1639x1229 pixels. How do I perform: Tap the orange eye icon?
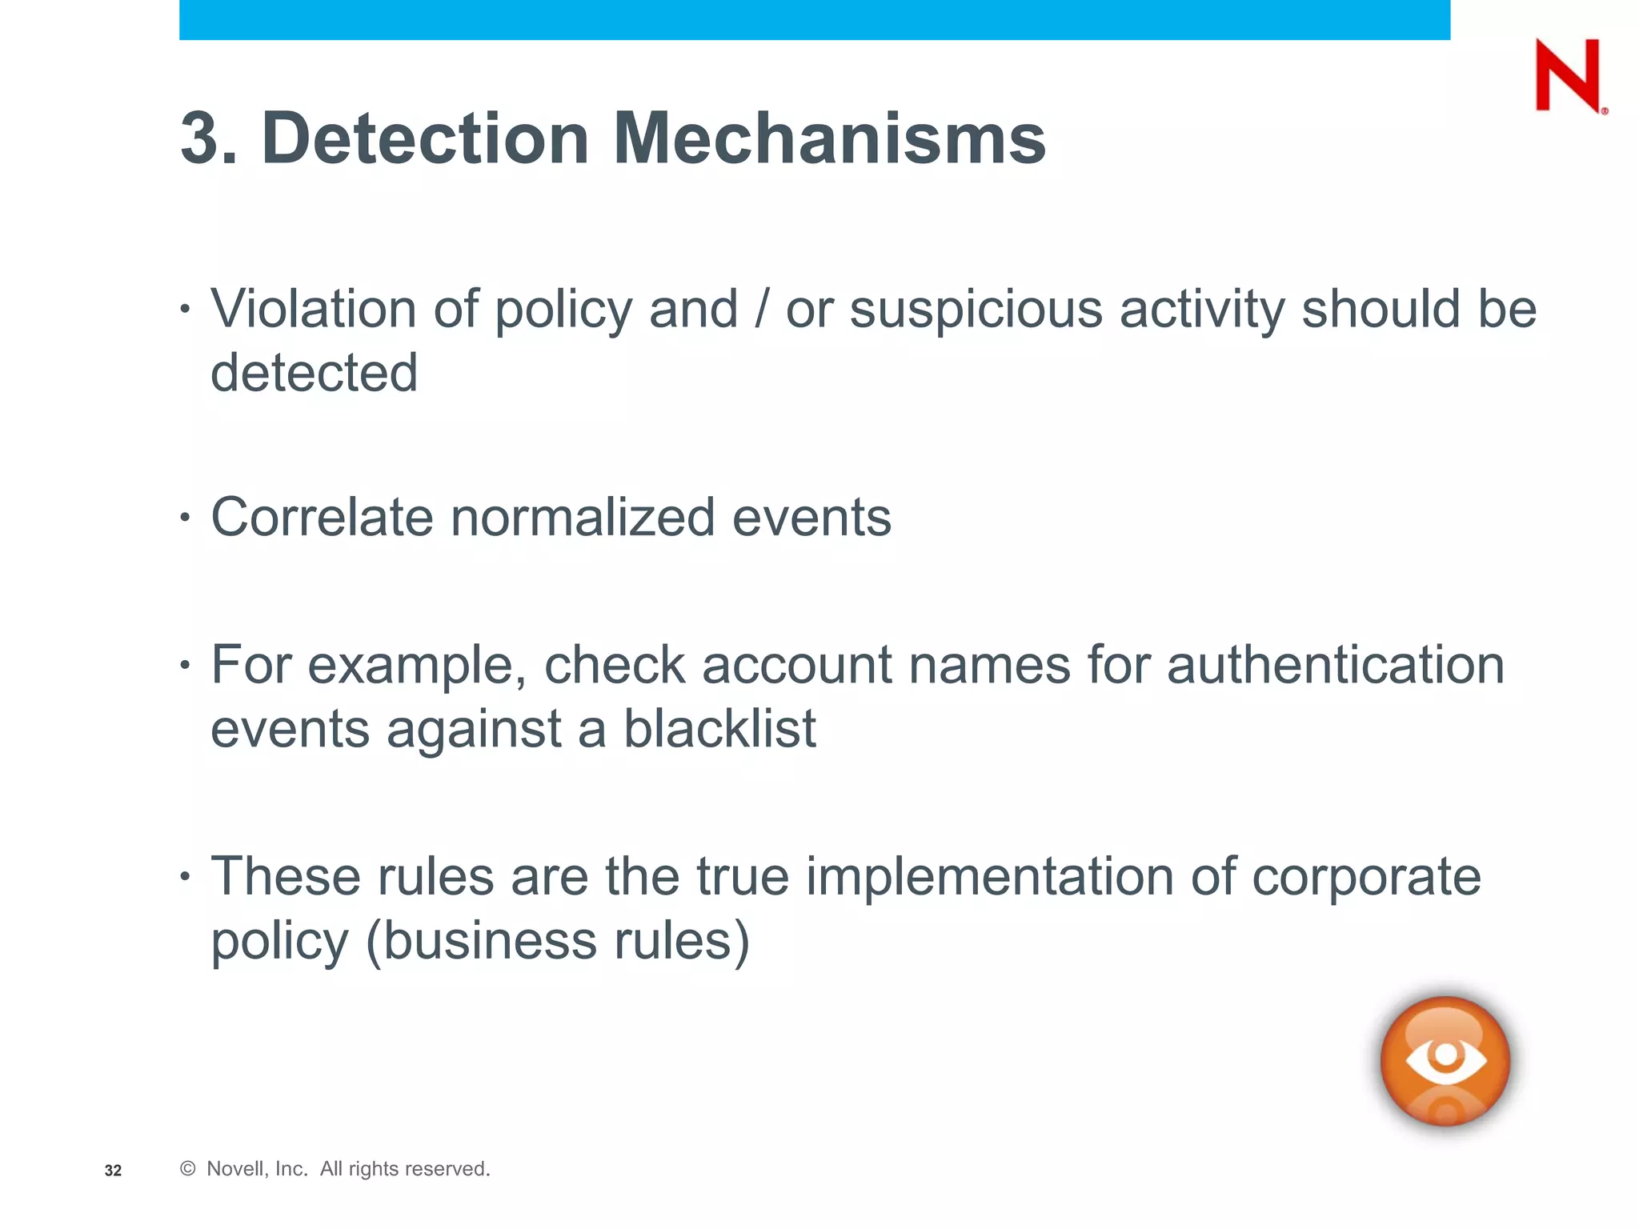tap(1445, 1060)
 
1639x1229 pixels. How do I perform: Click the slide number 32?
tap(113, 1171)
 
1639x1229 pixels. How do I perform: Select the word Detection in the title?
tap(425, 138)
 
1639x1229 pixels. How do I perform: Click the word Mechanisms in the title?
tap(829, 138)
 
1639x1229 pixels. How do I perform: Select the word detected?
tap(314, 373)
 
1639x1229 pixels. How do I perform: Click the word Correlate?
tap(321, 517)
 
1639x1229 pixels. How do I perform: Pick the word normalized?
tap(583, 517)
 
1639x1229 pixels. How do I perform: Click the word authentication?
tap(1335, 665)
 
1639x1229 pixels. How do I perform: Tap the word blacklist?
tap(719, 729)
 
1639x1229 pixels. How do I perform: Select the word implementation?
tap(989, 876)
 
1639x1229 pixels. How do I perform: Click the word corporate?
tap(1366, 878)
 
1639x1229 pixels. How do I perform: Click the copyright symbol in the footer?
tap(188, 1169)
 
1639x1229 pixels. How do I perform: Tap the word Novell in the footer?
tap(234, 1169)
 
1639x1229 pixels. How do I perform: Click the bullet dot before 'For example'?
tap(186, 665)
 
